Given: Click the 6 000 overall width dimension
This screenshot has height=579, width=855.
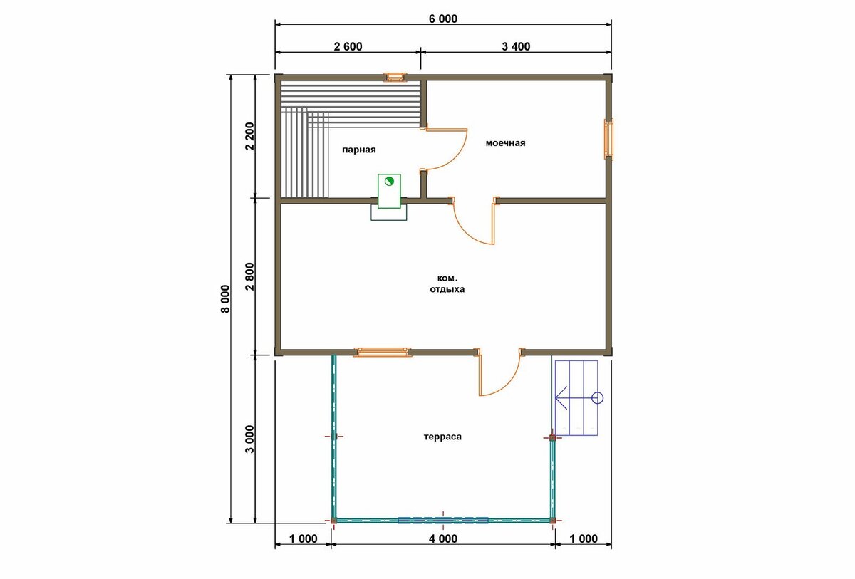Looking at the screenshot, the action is point(442,19).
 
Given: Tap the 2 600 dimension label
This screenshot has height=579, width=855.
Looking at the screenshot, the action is point(348,46).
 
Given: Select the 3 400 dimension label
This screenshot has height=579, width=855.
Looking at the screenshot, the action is point(516,46).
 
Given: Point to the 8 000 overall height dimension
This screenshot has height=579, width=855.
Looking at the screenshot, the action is point(225,298).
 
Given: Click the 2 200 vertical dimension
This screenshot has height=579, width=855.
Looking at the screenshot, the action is point(249,136).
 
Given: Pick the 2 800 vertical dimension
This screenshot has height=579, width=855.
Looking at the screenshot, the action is point(249,276).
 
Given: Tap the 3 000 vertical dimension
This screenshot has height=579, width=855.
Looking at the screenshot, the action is point(249,439).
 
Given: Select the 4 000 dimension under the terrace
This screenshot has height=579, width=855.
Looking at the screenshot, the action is point(442,538).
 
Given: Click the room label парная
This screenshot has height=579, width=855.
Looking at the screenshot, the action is point(359,150).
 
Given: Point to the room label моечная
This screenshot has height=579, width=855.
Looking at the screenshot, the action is point(505,143).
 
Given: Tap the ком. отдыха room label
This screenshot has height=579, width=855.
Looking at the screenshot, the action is point(447,283).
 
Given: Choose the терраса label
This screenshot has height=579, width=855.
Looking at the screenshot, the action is point(442,437).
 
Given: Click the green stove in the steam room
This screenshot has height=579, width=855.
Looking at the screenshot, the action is point(389,191).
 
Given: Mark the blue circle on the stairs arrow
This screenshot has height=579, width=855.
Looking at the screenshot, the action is point(597,398).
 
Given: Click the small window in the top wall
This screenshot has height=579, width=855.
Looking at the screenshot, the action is point(395,78).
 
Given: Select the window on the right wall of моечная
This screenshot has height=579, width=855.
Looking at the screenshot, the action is point(608,139).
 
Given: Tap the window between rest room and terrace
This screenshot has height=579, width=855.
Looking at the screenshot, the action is point(382,352).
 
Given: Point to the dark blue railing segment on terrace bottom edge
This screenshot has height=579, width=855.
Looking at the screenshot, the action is point(442,520).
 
